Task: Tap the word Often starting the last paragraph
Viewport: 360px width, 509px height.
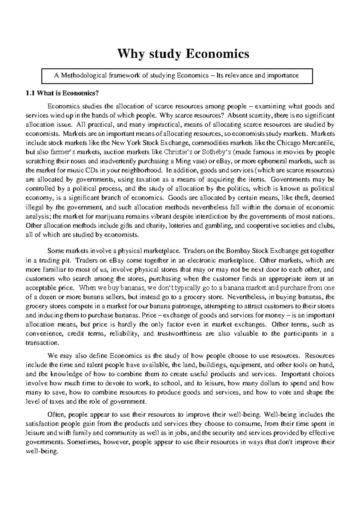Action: [x=56, y=415]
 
